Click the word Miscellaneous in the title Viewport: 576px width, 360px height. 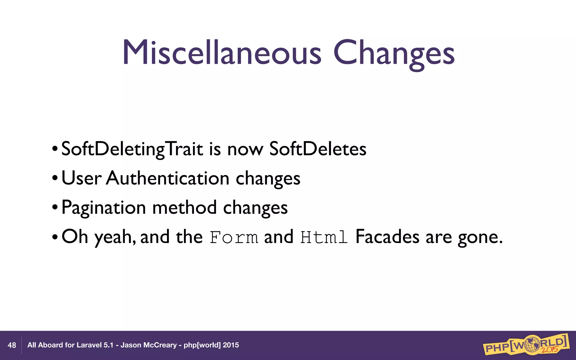click(222, 53)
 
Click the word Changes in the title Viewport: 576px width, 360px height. click(394, 53)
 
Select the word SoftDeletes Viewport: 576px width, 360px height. click(318, 149)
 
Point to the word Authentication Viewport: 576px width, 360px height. click(168, 178)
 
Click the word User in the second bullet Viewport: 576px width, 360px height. click(81, 178)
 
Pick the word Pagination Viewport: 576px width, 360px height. click(103, 208)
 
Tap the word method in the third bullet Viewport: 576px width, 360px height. click(184, 208)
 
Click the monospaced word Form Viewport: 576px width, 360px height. click(234, 237)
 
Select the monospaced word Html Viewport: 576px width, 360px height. click(324, 237)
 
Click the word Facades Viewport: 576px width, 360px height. click(387, 237)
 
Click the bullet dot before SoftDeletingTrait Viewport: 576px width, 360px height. click(55, 149)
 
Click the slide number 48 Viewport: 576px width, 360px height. click(12, 345)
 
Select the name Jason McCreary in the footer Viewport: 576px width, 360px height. click(148, 345)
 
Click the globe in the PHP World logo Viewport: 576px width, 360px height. click(530, 345)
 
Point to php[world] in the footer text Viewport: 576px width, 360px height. click(202, 345)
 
